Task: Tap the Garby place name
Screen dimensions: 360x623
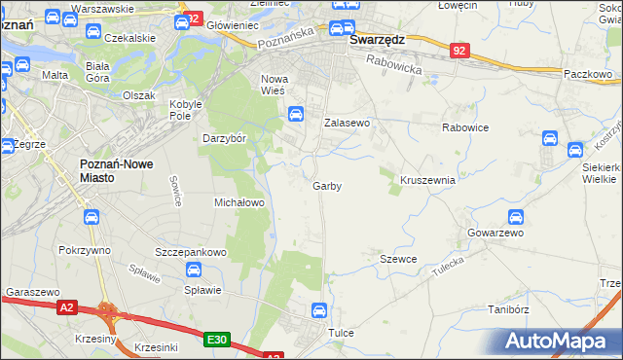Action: point(327,186)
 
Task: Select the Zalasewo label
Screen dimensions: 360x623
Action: point(348,124)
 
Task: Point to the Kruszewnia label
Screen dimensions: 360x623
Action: point(428,180)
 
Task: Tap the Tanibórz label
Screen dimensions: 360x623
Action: point(507,310)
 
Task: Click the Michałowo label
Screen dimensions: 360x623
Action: point(239,202)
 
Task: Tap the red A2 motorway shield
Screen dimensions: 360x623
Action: point(66,307)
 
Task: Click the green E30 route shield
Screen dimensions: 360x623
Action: point(217,340)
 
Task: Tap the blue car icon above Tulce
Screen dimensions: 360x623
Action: point(318,310)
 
